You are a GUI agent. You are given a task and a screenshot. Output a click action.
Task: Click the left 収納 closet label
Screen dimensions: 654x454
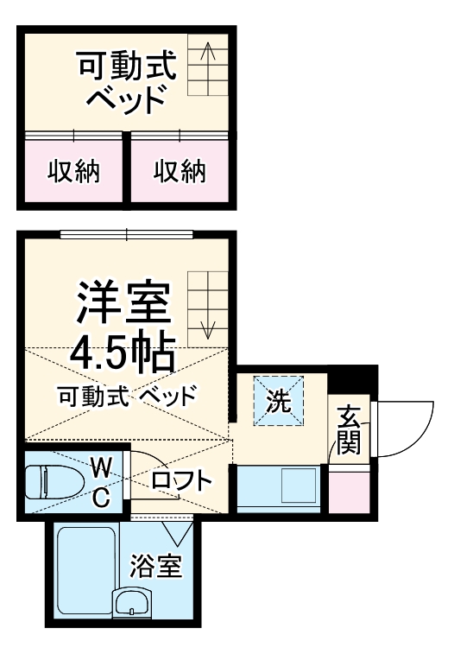coord(73,172)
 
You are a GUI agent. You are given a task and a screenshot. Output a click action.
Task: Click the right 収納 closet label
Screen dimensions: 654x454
coord(180,172)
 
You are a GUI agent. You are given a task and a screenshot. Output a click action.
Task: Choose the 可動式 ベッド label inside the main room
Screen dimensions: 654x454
coord(127,397)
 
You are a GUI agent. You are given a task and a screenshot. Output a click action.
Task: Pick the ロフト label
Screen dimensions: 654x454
coord(181,480)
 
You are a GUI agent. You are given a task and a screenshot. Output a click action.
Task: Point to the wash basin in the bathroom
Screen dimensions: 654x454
coord(132,601)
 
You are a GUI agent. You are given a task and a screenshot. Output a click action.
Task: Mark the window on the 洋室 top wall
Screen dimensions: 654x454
coord(127,233)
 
